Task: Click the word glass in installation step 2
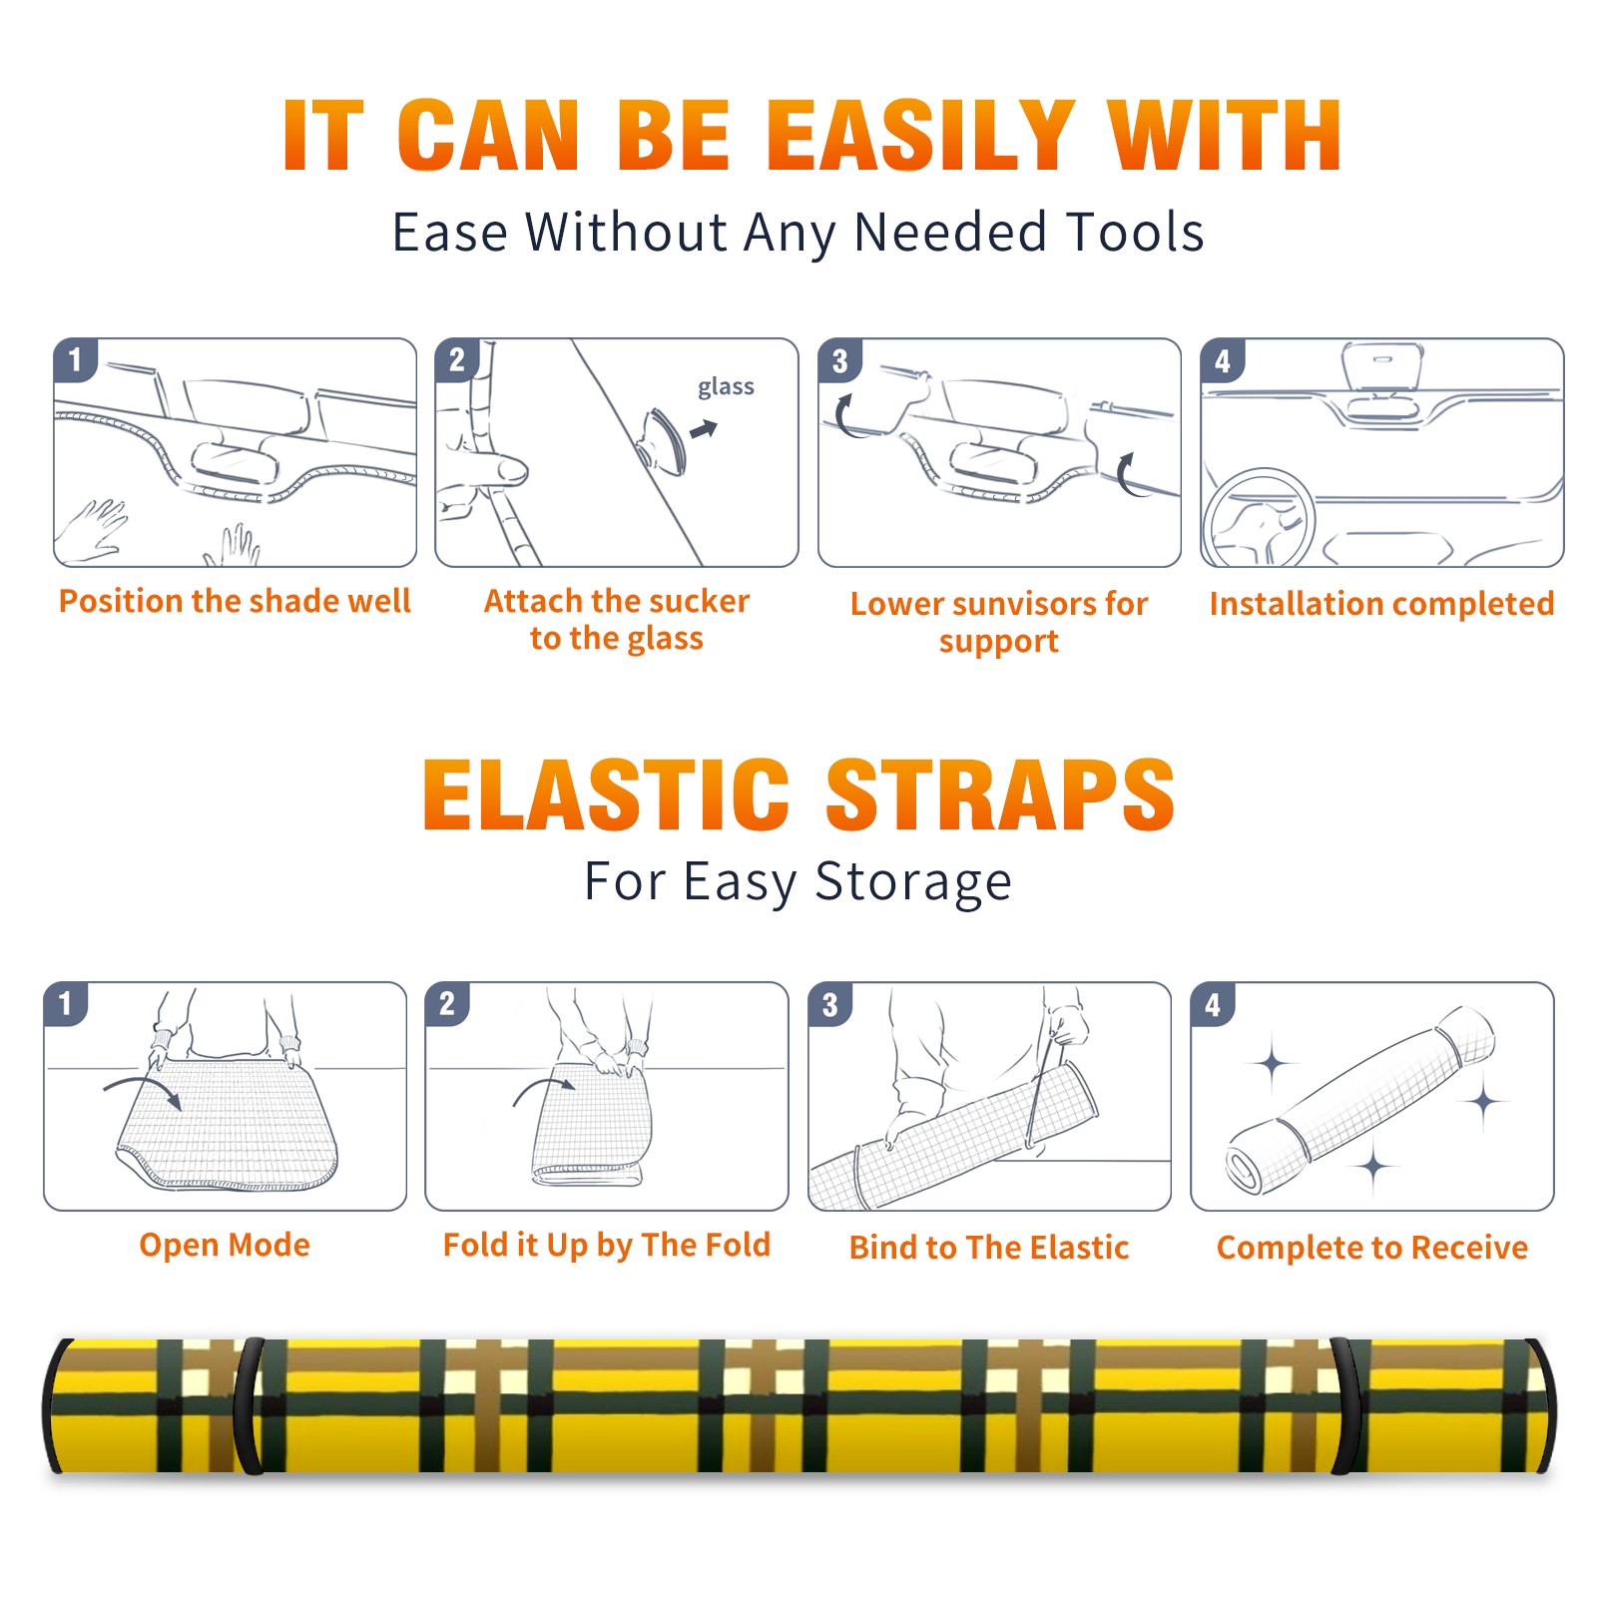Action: click(x=726, y=387)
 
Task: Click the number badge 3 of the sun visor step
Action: click(x=838, y=360)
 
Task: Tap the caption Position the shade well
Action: click(x=235, y=601)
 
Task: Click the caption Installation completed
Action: click(x=1381, y=604)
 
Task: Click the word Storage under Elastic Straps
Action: click(x=913, y=882)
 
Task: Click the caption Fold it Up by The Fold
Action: click(x=607, y=1245)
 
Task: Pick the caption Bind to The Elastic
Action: click(x=989, y=1248)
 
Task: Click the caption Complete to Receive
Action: click(x=1372, y=1248)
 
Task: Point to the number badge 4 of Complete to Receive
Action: click(x=1212, y=1004)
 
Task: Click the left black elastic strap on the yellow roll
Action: click(x=250, y=1405)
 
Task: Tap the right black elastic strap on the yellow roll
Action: click(x=1348, y=1405)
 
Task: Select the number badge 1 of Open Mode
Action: click(x=65, y=1004)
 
